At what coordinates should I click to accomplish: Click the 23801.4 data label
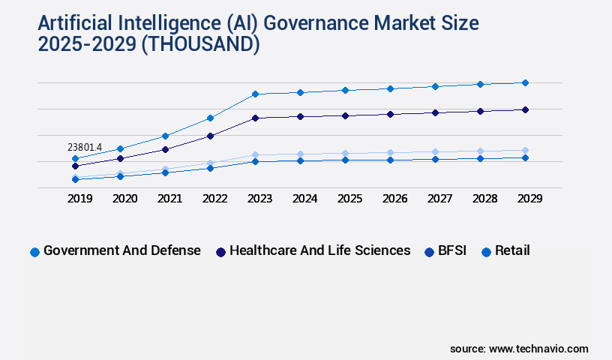click(84, 147)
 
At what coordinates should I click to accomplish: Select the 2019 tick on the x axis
click(79, 199)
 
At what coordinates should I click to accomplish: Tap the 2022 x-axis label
click(214, 199)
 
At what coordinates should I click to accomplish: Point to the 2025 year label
click(349, 199)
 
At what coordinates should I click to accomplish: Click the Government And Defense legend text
click(122, 250)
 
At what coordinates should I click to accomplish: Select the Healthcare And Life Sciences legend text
click(320, 250)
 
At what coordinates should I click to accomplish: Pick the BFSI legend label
click(452, 250)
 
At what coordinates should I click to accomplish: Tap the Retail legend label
click(512, 250)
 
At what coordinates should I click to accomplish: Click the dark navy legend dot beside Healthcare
click(220, 252)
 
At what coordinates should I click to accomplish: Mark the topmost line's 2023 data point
click(255, 94)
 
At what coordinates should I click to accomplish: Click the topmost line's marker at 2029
click(525, 82)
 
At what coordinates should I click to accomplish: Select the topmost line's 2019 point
click(75, 158)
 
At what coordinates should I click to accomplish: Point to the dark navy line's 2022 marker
click(210, 136)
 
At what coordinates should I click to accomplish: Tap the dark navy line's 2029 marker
click(525, 109)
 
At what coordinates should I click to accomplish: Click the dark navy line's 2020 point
click(120, 158)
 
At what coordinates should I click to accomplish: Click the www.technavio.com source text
click(538, 349)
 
